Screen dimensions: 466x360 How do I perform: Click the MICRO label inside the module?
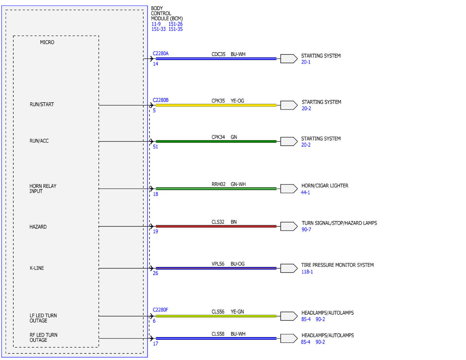click(x=47, y=42)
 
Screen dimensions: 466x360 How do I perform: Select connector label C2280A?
click(x=160, y=53)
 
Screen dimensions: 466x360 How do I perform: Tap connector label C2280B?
click(x=160, y=100)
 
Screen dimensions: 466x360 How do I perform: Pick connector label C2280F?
click(x=160, y=310)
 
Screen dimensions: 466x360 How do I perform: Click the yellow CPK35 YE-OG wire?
click(x=216, y=105)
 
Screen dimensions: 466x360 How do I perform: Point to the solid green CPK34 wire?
click(x=216, y=141)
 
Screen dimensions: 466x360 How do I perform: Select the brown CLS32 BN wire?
click(x=216, y=226)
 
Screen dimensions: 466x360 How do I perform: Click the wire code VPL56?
click(x=218, y=264)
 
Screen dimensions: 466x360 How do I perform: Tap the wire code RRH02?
click(x=218, y=184)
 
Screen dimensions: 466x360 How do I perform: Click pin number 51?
click(x=155, y=147)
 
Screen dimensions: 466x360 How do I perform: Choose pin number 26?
click(x=155, y=273)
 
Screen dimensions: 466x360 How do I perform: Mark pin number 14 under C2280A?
click(x=155, y=64)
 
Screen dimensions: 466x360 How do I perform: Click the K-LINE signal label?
click(x=37, y=268)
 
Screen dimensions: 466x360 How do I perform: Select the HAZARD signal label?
click(x=38, y=227)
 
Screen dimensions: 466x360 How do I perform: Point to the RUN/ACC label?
click(x=39, y=141)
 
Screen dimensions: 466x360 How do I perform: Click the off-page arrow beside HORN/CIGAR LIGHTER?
click(x=289, y=189)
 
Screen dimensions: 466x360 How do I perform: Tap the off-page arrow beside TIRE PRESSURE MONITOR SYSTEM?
click(x=289, y=268)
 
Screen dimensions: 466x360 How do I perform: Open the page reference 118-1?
click(x=307, y=272)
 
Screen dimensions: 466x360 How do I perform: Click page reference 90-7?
click(x=306, y=230)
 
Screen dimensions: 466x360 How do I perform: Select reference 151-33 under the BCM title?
click(x=158, y=29)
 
